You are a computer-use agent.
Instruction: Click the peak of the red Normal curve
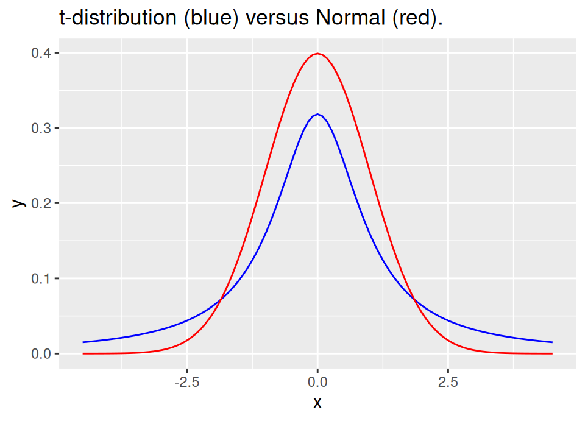[317, 54]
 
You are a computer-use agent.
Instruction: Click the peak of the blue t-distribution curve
[317, 114]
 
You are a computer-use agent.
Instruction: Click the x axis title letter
[317, 403]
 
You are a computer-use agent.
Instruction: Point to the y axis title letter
[18, 203]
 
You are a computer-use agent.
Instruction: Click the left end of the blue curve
[83, 342]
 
